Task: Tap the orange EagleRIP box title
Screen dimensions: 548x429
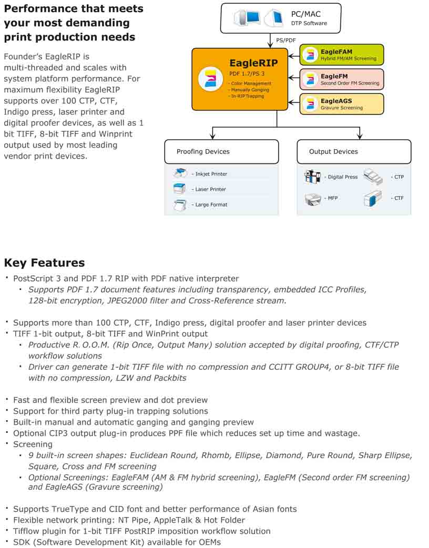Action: pos(253,63)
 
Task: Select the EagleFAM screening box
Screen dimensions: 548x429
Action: pos(342,55)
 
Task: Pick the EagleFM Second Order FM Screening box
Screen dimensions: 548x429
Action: pos(342,79)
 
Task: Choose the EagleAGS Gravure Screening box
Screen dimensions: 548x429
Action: pos(342,104)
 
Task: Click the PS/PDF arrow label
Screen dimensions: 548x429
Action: pos(286,40)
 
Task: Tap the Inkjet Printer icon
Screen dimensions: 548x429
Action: pos(180,173)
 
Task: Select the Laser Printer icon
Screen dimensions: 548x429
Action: pos(180,189)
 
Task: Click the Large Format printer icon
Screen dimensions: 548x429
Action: pos(180,204)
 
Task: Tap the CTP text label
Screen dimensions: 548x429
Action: pos(399,177)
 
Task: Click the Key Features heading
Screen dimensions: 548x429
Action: pos(44,263)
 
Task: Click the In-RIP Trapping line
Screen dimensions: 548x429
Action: pos(247,96)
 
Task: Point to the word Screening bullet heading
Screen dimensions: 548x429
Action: pos(33,444)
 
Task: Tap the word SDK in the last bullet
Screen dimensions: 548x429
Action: pos(22,542)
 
